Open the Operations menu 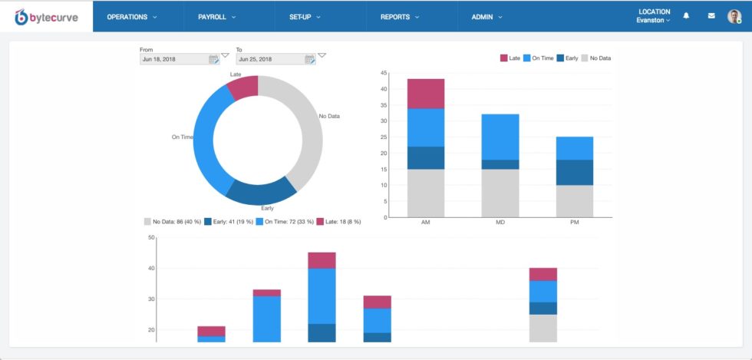pyautogui.click(x=132, y=16)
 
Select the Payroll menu pyautogui.click(x=216, y=16)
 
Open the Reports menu pyautogui.click(x=399, y=16)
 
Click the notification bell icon pyautogui.click(x=686, y=15)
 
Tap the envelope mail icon pyautogui.click(x=711, y=15)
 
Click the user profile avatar pyautogui.click(x=734, y=16)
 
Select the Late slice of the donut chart pyautogui.click(x=244, y=87)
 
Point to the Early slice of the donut pyautogui.click(x=261, y=192)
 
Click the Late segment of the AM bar pyautogui.click(x=426, y=93)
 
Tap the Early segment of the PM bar pyautogui.click(x=574, y=172)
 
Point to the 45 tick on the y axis pyautogui.click(x=383, y=74)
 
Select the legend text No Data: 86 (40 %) pyautogui.click(x=176, y=221)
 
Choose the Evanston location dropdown pyautogui.click(x=653, y=21)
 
